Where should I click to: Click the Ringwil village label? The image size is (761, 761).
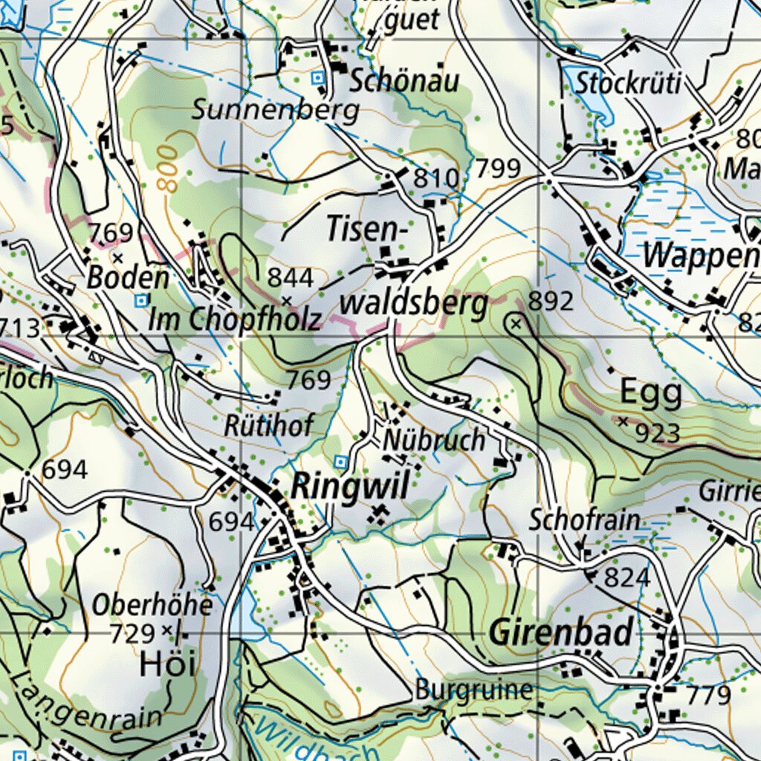(350, 488)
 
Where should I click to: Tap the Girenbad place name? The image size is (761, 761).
(561, 632)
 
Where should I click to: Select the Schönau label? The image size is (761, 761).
(404, 81)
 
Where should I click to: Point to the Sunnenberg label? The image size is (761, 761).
(276, 110)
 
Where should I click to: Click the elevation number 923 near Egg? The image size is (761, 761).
(658, 433)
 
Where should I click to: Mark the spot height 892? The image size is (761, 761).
(551, 301)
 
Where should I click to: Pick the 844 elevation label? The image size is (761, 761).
(291, 277)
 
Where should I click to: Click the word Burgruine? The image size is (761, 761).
(473, 690)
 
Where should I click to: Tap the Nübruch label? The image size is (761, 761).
(434, 440)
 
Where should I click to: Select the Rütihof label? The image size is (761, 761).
(270, 425)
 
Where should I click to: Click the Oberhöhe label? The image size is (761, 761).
(152, 605)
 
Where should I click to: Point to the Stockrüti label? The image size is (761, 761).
(628, 83)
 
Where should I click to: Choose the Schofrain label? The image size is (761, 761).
(584, 520)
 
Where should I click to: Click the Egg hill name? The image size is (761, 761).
(651, 395)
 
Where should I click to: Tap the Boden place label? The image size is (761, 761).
(128, 278)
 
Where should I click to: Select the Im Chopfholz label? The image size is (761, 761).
(235, 320)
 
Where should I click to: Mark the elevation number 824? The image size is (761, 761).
(626, 577)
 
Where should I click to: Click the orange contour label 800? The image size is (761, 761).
(169, 169)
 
